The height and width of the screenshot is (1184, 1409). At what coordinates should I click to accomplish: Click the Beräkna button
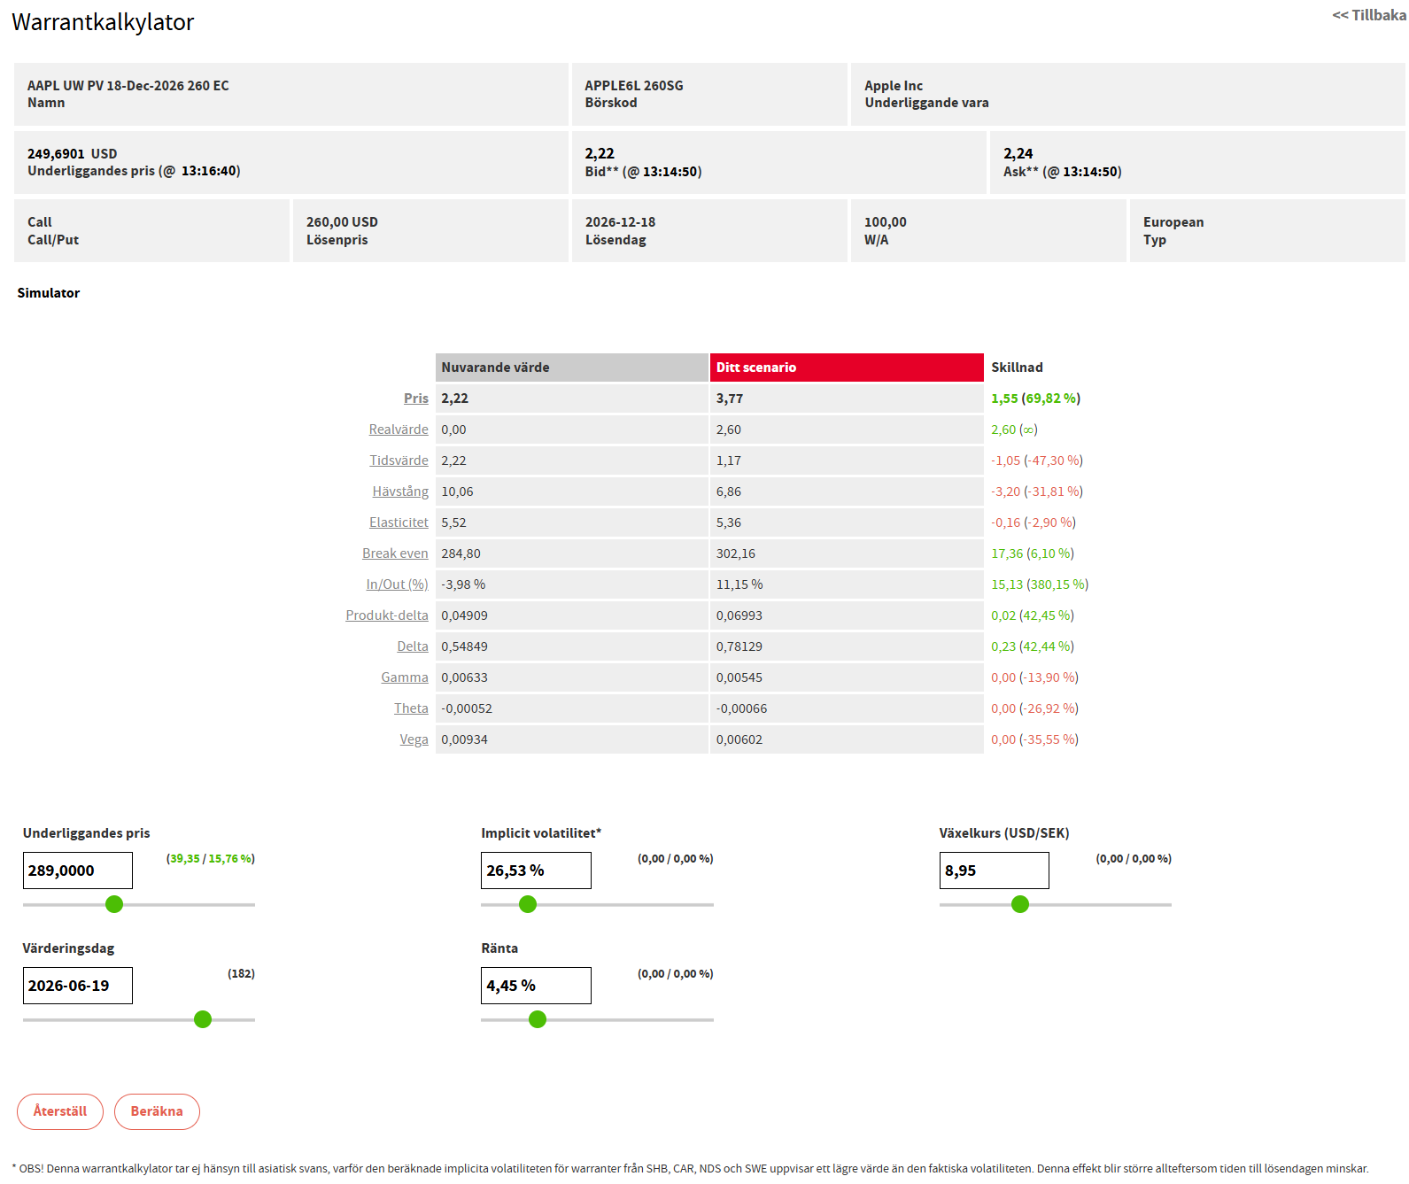(x=157, y=1111)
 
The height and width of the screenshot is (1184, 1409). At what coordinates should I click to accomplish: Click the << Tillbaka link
(x=1368, y=15)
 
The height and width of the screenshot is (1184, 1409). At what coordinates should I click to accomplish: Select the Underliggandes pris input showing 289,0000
(x=78, y=871)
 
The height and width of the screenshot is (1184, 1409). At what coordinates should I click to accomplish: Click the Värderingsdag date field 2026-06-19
(x=78, y=986)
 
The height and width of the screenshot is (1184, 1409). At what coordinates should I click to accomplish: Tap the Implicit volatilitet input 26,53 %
(x=536, y=871)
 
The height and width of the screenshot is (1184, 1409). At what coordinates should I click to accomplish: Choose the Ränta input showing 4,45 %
(x=536, y=986)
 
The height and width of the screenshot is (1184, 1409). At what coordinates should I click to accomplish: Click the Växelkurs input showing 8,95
(x=994, y=871)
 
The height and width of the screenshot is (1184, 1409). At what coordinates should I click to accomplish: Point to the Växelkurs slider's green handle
(x=1020, y=904)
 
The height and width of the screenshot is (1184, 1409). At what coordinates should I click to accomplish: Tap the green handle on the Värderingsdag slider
(x=203, y=1019)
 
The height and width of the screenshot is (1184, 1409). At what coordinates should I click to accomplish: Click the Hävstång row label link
(x=400, y=491)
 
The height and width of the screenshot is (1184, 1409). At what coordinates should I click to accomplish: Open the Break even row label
(x=395, y=553)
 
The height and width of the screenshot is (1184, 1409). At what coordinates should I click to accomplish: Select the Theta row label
(x=411, y=708)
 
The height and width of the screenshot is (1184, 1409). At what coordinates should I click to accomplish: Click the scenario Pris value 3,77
(x=730, y=399)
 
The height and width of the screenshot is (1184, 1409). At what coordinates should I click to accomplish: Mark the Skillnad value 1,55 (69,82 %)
(x=1035, y=399)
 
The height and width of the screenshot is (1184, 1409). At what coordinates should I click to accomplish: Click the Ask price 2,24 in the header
(x=1018, y=154)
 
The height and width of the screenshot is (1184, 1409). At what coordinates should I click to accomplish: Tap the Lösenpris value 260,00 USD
(x=342, y=222)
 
